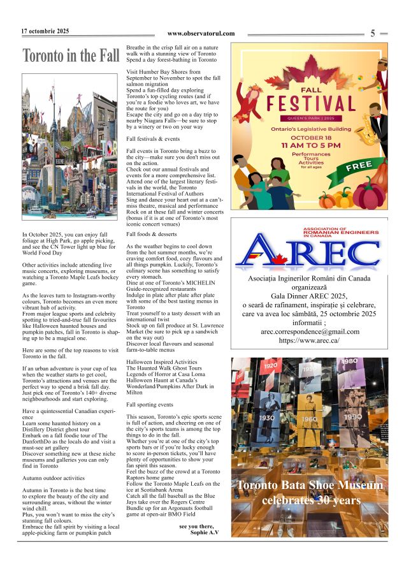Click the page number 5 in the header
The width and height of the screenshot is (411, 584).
[373, 34]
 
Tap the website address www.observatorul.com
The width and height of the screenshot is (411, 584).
[201, 34]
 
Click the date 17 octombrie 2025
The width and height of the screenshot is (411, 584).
[45, 31]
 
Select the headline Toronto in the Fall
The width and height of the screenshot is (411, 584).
[71, 56]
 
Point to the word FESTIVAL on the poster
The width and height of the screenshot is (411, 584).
[311, 103]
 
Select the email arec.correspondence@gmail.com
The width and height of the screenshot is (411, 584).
[310, 332]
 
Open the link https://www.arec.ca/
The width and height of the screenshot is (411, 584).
[310, 341]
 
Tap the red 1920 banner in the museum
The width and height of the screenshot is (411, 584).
[271, 366]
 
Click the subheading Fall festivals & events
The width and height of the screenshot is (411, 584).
[153, 138]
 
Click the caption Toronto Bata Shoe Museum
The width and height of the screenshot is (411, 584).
[310, 486]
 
